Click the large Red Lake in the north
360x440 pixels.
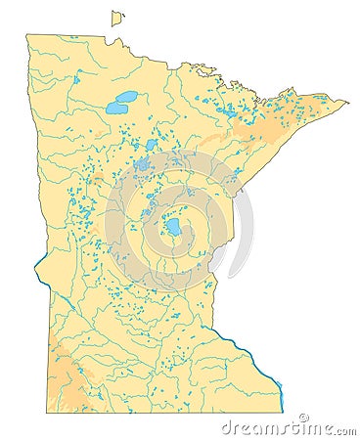pos(123,101)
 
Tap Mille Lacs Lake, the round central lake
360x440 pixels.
pos(172,227)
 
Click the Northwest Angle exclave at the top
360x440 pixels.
pos(116,19)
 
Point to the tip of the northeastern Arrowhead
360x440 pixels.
pos(347,101)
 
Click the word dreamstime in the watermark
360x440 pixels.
pos(264,427)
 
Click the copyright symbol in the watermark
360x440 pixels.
pos(303,418)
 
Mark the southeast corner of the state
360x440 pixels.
pos(282,412)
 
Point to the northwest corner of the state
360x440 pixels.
pos(27,36)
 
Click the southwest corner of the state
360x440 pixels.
pos(47,412)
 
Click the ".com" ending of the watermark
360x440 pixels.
pos(342,428)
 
